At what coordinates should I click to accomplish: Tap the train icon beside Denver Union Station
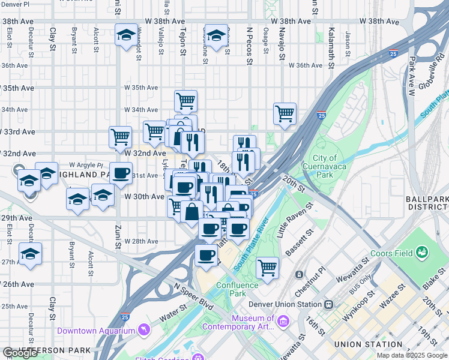[x=328, y=304]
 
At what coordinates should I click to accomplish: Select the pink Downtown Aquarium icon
[x=143, y=331]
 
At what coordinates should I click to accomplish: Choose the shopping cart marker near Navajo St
[x=285, y=113]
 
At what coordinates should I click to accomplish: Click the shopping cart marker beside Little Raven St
[x=267, y=267]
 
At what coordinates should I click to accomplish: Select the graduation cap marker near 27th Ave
[x=30, y=253]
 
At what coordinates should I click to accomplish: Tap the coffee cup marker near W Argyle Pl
[x=121, y=173]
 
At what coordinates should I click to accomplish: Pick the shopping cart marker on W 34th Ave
[x=185, y=101]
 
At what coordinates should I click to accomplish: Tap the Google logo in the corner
[x=20, y=353]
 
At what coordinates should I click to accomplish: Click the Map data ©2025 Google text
[x=411, y=355]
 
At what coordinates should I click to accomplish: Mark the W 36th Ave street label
[x=307, y=65]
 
